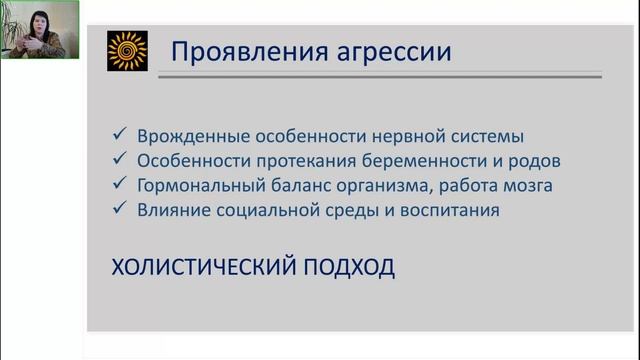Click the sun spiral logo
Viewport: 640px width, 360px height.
(127, 51)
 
